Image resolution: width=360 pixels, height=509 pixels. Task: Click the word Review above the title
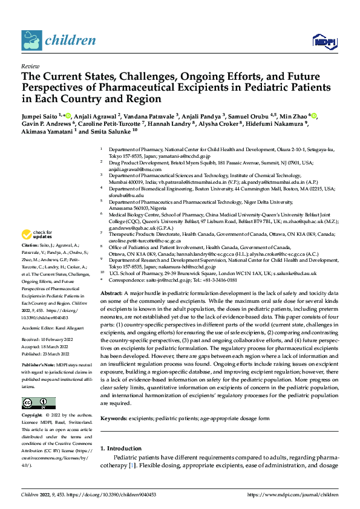tap(30, 66)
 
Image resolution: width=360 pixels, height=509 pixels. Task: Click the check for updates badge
tap(38, 235)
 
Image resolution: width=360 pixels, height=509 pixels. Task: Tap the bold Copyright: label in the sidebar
tap(33, 416)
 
